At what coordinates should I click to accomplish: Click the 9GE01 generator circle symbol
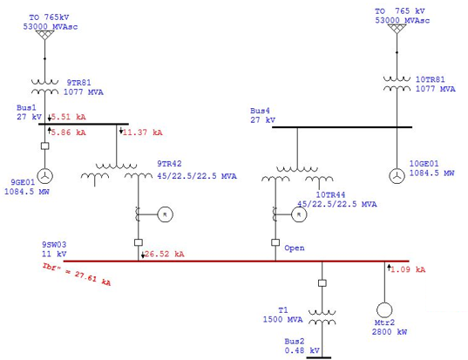point(44,176)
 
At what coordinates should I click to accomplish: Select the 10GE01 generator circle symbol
point(397,176)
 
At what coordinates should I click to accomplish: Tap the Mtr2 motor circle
point(384,309)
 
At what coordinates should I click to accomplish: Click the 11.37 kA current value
point(142,132)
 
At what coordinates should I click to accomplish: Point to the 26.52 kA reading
point(164,254)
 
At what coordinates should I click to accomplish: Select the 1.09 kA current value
point(408,269)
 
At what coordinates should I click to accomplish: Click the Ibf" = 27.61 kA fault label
point(77,274)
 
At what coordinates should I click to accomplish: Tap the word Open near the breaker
point(295,248)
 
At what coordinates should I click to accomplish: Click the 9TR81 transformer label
point(78,83)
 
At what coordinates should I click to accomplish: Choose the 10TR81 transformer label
point(431,79)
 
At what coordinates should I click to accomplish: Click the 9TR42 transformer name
point(169,164)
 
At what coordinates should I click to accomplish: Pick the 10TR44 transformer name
point(330,195)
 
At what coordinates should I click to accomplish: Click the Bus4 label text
point(260,111)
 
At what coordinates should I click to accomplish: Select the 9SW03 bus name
point(54,245)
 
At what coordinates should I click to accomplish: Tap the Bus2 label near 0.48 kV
point(294,341)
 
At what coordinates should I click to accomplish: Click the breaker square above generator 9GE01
point(44,146)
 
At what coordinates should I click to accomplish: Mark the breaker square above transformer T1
point(322,283)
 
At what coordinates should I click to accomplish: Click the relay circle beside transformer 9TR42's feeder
point(165,214)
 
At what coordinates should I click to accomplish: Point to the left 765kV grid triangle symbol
point(44,35)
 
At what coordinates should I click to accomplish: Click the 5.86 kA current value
point(68,132)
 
